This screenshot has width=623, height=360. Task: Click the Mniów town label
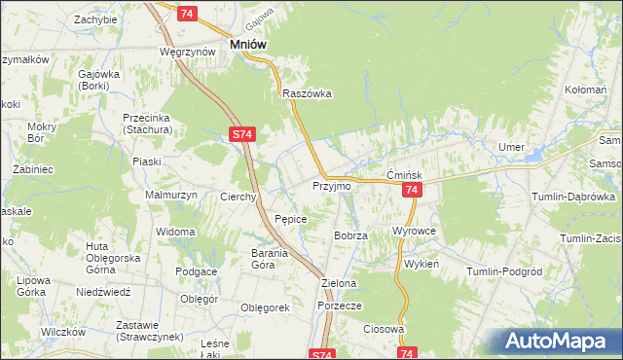click(x=248, y=44)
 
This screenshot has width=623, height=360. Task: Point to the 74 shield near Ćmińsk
click(x=412, y=191)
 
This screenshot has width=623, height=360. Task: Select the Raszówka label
click(x=308, y=94)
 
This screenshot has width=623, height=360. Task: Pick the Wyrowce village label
click(x=413, y=232)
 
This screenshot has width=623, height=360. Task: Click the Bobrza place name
click(x=349, y=236)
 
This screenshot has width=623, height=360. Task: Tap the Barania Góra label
click(x=257, y=259)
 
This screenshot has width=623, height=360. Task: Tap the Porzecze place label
click(x=340, y=306)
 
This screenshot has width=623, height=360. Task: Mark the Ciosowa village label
click(x=384, y=329)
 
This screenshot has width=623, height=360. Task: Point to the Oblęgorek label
click(x=266, y=307)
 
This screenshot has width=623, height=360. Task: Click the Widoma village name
click(x=176, y=232)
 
